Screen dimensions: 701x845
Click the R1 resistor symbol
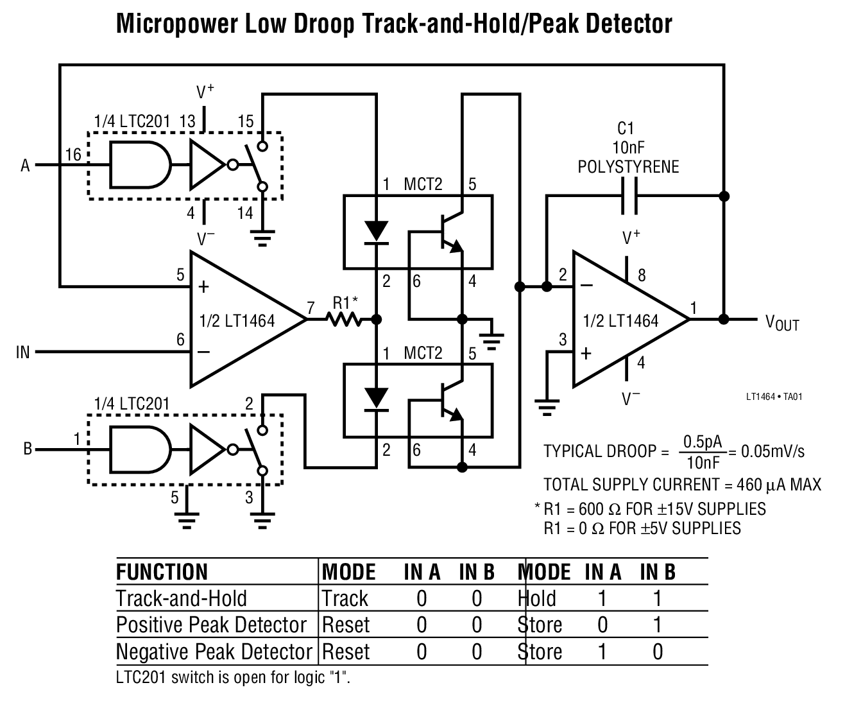[x=347, y=318]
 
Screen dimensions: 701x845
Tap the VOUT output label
[x=782, y=322]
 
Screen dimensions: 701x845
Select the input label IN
[x=22, y=352]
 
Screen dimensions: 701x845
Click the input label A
[x=26, y=166]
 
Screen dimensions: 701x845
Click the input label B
[x=28, y=449]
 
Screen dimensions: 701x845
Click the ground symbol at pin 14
[x=262, y=239]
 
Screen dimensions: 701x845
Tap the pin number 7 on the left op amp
[x=311, y=309]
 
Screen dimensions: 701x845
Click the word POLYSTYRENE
[x=628, y=167]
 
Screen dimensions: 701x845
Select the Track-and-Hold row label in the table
[x=182, y=598]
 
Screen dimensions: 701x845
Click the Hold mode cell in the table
[x=537, y=598]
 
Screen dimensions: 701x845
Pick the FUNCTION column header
[x=162, y=571]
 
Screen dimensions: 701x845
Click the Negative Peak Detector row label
[x=214, y=652]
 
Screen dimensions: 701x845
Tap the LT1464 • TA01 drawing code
[x=774, y=396]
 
